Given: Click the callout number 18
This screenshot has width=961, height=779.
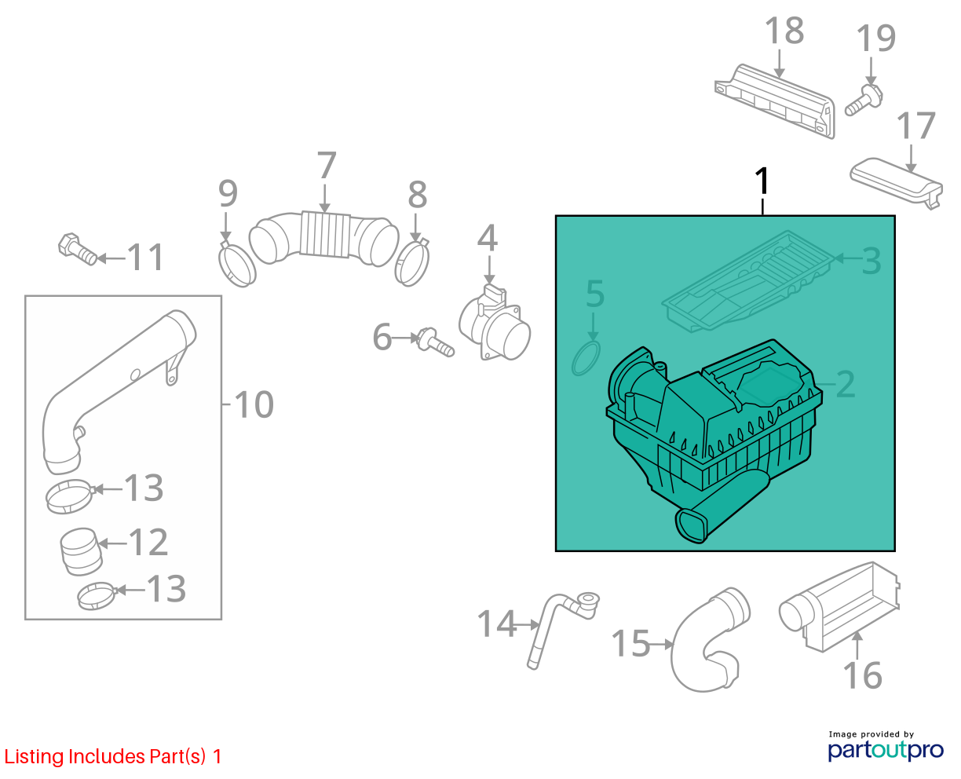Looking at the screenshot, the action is pos(784,31).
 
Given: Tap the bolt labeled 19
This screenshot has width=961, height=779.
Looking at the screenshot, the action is pos(864,101).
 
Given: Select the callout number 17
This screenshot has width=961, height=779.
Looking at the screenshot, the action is pos(915,126).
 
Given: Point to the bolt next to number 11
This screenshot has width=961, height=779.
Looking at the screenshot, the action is pos(77,249).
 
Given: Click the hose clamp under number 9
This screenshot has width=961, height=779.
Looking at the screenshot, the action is pos(236,264).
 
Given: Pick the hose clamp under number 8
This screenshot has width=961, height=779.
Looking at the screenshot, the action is pos(411,261).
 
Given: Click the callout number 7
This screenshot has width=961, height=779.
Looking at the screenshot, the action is pos(326,165).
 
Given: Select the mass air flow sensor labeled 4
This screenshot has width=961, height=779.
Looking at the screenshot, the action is pos(495,323).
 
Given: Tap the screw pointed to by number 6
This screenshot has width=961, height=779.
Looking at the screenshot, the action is pos(435,342).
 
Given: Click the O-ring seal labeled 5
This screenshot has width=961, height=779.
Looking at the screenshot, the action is pos(586,358).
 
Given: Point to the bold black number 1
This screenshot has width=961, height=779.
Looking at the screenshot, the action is pos(762,181).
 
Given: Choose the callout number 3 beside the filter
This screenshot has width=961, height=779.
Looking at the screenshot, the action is pos(871,261).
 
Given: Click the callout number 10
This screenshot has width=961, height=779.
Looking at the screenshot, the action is pos(254,405).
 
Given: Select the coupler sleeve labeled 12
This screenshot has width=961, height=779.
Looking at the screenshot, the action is pos(81,551).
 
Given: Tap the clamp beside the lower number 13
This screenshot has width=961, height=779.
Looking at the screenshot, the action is pos(97,596).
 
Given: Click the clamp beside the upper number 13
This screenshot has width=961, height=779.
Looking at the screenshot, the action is pos(70,496).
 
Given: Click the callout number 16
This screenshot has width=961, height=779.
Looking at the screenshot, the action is pos(862,676).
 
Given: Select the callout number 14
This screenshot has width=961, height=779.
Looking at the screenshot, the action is pos(496,624).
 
